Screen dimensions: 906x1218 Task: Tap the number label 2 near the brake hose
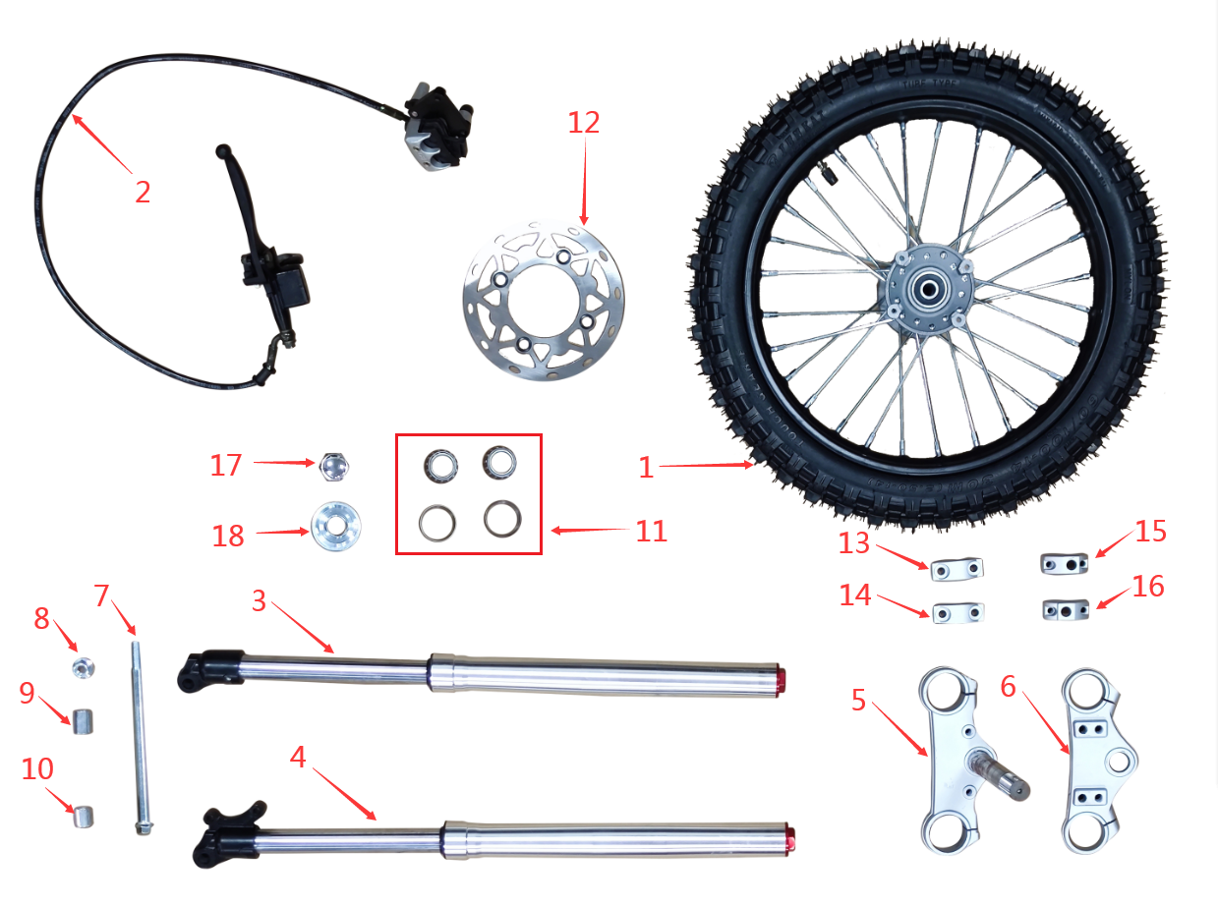pos(144,192)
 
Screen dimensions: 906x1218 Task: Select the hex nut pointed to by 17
pos(336,465)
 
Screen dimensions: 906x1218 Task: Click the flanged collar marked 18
pos(334,528)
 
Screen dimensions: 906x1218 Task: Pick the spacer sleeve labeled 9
pos(83,722)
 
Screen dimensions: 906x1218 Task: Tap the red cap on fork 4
pos(789,837)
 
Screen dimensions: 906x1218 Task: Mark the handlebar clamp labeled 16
pos(1065,609)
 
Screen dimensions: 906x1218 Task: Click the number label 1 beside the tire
pos(645,468)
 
